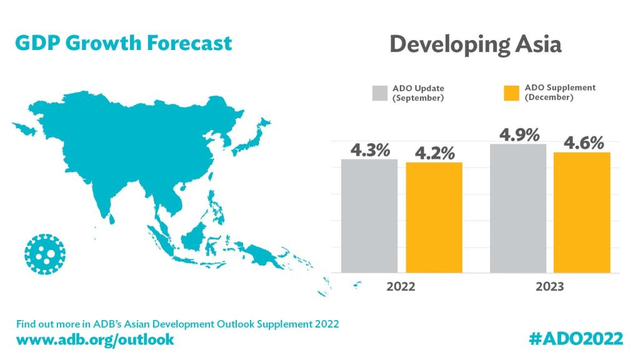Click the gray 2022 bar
[x=369, y=216]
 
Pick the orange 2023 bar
[x=582, y=212]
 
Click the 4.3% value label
[x=370, y=150]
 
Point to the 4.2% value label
[x=434, y=153]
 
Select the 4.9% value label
[x=519, y=135]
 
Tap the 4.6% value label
[x=583, y=143]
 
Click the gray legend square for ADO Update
[x=381, y=92]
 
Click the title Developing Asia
[x=475, y=45]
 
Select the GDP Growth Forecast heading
[x=123, y=43]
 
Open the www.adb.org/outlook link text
[x=95, y=339]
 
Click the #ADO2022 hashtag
[x=576, y=339]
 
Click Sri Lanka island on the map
[x=112, y=218]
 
